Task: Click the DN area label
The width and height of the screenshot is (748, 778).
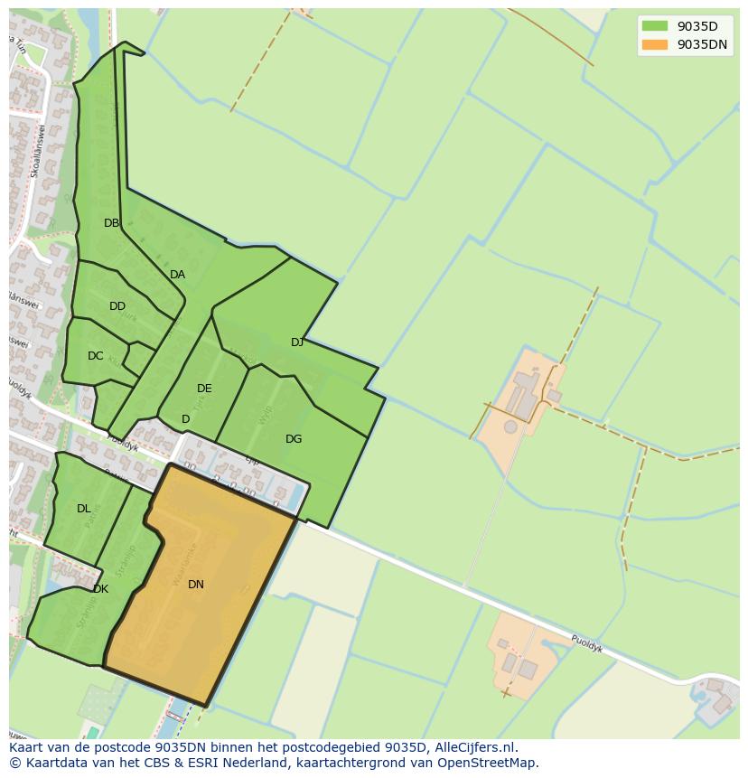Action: pos(196,585)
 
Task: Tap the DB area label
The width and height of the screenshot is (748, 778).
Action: pos(111,223)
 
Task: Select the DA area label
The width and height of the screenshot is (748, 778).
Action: pos(177,275)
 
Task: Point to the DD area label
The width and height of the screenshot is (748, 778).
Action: pos(117,306)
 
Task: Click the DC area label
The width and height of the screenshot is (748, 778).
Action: pos(96,356)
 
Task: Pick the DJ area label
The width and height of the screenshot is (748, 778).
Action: pos(297,342)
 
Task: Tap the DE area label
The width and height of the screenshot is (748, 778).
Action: pos(204,389)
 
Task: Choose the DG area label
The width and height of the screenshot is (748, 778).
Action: pos(294,439)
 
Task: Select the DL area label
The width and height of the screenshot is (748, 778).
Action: pos(84,509)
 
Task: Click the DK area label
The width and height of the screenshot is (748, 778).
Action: pos(100,589)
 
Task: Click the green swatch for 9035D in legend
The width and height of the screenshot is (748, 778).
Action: pos(655,26)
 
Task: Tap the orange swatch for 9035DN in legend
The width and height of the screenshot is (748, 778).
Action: pos(655,44)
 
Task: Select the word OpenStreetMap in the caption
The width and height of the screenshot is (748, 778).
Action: pos(492,763)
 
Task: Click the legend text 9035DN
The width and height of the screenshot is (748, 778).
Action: pos(703,44)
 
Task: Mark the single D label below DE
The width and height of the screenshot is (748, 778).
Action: pos(185,419)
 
